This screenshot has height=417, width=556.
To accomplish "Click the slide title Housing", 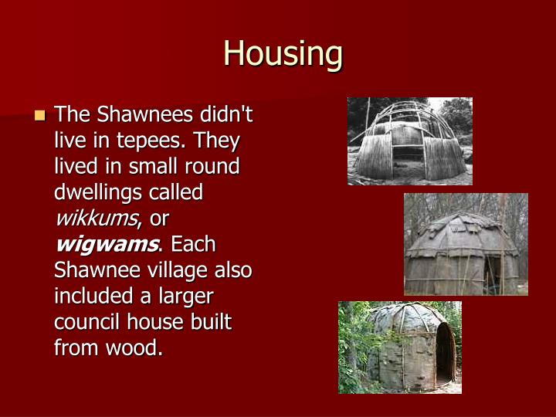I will coord(283,54).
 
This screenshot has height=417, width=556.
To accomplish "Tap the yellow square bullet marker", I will coord(40,117).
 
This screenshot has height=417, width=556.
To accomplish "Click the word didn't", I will coord(224,116).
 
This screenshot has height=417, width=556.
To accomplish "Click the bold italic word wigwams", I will coord(106,245).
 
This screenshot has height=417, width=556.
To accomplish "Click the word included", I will coord(91,296).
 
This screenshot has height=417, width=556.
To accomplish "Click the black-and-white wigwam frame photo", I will coord(409,141).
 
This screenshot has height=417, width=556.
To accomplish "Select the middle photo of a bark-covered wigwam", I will coord(466,244).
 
